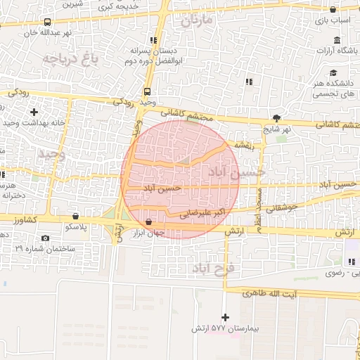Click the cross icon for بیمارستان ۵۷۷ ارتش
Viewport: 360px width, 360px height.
225,317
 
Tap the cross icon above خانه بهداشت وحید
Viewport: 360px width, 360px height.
34,112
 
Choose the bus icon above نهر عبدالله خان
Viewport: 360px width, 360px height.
47,22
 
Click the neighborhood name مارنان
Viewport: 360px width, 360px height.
195,20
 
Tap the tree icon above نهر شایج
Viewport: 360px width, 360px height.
276,118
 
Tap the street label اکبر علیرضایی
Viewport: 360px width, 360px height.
202,211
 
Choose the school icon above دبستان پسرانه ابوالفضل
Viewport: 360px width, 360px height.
154,40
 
